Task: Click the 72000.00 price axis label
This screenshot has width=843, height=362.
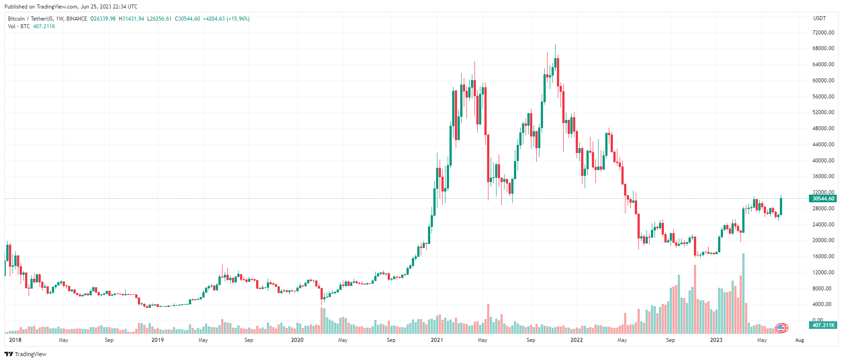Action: point(823,33)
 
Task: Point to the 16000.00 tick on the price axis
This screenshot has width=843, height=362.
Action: point(823,256)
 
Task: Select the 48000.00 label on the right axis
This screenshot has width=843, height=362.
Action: point(823,128)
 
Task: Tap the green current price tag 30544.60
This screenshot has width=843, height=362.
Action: point(823,199)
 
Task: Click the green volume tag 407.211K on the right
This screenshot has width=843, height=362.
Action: point(823,325)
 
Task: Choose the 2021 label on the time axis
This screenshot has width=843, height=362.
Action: point(436,340)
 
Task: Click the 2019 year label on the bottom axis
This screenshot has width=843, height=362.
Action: point(158,340)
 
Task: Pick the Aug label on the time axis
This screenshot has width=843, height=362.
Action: point(799,340)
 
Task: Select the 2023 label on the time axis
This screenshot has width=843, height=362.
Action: point(716,340)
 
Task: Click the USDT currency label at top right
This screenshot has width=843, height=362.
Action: point(819,18)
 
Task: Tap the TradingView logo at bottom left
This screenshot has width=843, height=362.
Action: point(26,354)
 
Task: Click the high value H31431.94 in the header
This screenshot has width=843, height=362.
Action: point(132,19)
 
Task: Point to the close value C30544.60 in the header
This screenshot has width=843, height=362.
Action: point(187,19)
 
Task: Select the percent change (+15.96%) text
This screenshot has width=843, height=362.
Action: point(238,19)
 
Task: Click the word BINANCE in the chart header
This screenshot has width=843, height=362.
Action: point(77,19)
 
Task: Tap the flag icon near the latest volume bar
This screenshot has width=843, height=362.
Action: point(781,328)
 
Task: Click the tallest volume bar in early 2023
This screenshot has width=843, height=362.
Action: point(744,293)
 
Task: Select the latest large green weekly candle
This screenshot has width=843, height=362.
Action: point(781,206)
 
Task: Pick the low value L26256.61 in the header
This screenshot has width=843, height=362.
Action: point(159,19)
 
